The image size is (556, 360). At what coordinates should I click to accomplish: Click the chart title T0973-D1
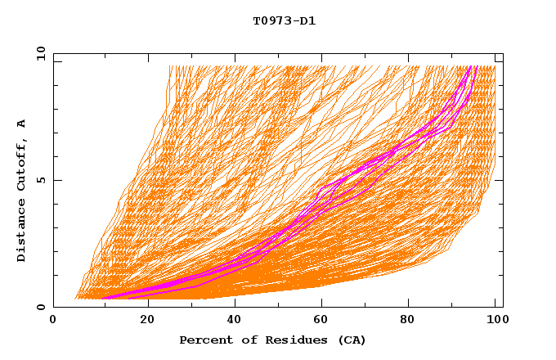point(284,21)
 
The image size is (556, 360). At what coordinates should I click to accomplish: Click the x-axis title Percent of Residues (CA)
point(272,340)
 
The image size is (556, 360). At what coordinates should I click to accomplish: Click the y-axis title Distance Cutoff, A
point(22,190)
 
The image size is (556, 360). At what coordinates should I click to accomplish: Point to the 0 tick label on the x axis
point(54,321)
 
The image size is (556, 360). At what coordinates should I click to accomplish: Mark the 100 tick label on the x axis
point(495,321)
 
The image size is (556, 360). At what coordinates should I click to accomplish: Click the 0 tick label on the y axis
point(40,308)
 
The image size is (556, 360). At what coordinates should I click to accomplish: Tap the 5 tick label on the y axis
point(40,181)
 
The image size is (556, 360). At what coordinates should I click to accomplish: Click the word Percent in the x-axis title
point(204,340)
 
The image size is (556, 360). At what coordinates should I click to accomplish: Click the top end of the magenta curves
point(470,68)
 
